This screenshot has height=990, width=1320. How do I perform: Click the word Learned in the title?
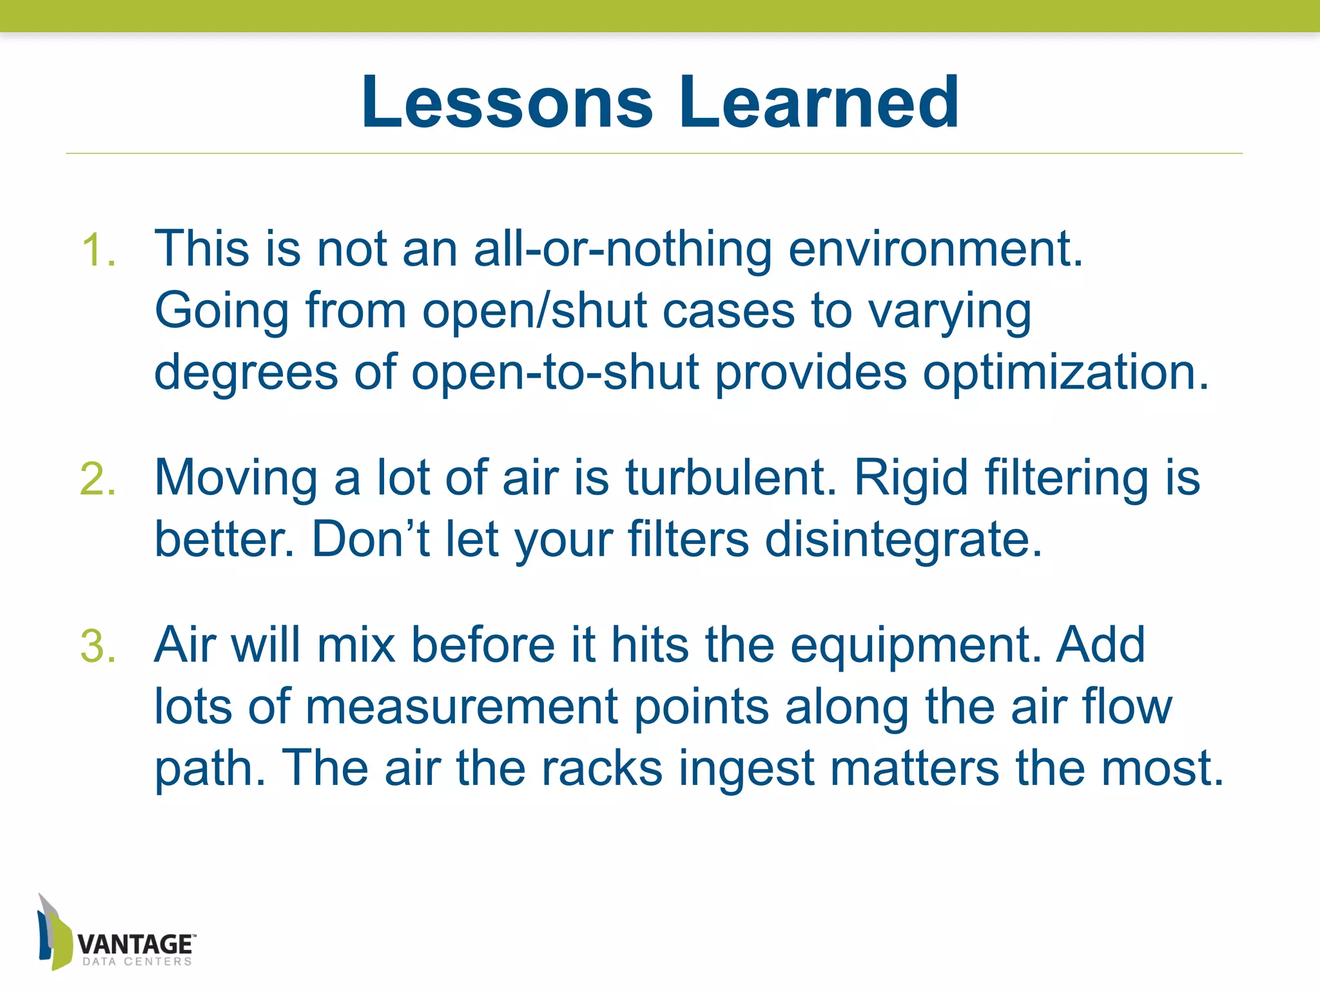[819, 103]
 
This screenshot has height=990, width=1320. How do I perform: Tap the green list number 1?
[98, 250]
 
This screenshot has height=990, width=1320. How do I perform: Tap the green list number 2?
[98, 480]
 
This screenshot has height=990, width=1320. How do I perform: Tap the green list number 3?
[98, 646]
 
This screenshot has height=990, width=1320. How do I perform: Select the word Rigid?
[911, 478]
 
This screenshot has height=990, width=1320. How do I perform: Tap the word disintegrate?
[903, 540]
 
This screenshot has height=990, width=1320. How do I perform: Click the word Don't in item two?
[371, 540]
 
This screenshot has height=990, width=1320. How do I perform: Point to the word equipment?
[915, 645]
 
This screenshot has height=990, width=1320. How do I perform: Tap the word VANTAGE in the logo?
[135, 944]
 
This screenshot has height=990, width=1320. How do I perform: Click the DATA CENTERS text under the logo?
[137, 962]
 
